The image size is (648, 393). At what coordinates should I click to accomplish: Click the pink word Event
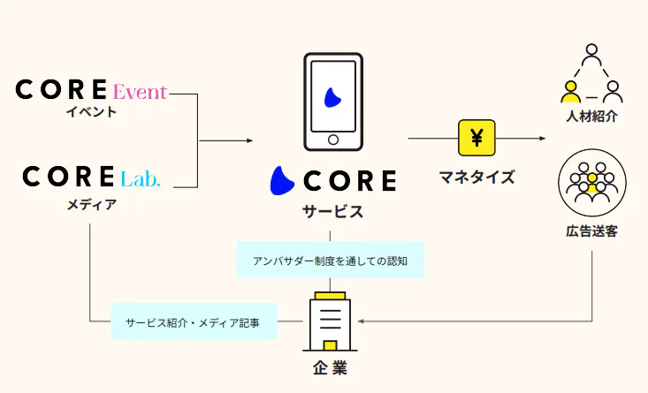(141, 91)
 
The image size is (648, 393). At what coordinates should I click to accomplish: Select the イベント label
(91, 112)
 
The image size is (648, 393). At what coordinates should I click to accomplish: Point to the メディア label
(91, 204)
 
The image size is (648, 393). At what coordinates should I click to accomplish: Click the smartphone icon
(333, 101)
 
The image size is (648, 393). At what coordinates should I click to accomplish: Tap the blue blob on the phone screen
(332, 96)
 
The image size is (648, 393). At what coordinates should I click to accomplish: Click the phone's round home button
(333, 140)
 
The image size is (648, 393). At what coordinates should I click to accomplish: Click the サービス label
(333, 212)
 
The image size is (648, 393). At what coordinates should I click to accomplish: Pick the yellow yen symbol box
(476, 139)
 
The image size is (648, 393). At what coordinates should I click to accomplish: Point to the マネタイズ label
(476, 177)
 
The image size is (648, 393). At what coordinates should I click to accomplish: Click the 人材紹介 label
(591, 116)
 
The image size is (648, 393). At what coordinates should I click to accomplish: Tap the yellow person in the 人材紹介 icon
(570, 89)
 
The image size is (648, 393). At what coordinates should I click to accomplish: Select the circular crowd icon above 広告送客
(591, 183)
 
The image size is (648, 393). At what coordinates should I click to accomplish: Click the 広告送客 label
(591, 231)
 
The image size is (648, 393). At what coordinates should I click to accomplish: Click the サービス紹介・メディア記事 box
(194, 321)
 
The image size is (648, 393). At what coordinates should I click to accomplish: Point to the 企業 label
(328, 367)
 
